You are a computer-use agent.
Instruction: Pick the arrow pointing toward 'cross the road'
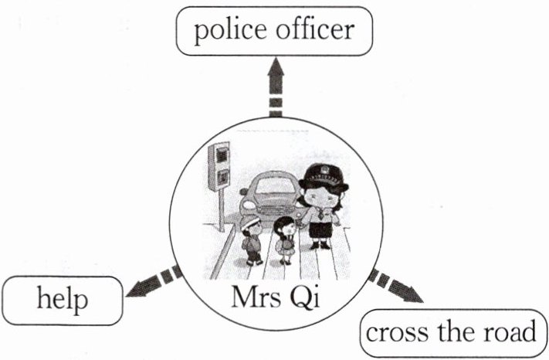(x=398, y=287)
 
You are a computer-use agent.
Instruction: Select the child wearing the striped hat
(x=251, y=239)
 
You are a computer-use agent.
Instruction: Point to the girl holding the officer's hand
(x=286, y=239)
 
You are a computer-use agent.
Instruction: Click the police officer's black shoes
(x=320, y=245)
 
